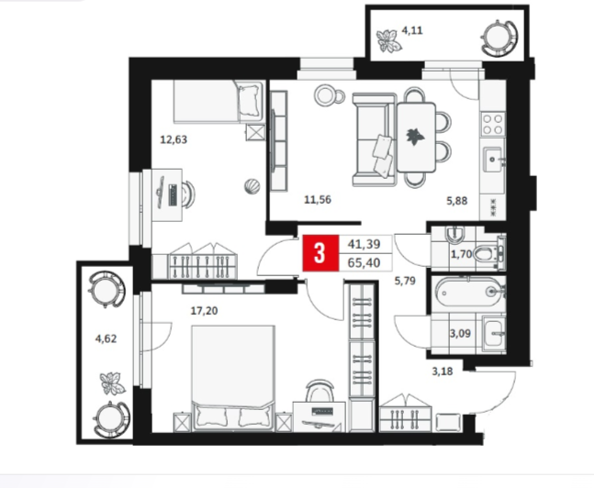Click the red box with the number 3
pyautogui.click(x=320, y=253)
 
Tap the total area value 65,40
pyautogui.click(x=364, y=262)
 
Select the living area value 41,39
pyautogui.click(x=364, y=244)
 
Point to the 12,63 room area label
pyautogui.click(x=174, y=139)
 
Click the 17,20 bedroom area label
pyautogui.click(x=204, y=311)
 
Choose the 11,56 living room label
pyautogui.click(x=318, y=199)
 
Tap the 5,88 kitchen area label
pyautogui.click(x=457, y=201)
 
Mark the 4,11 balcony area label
pyautogui.click(x=412, y=30)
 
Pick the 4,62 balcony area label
pyautogui.click(x=106, y=338)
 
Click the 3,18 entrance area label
pyautogui.click(x=443, y=371)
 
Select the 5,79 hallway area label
pyautogui.click(x=405, y=281)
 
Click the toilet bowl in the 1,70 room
pyautogui.click(x=488, y=253)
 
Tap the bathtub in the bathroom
pyautogui.click(x=470, y=292)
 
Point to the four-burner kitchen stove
pyautogui.click(x=492, y=124)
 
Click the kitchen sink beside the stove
pyautogui.click(x=493, y=160)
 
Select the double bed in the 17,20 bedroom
pyautogui.click(x=232, y=377)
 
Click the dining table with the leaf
pyautogui.click(x=416, y=138)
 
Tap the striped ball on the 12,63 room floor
pyautogui.click(x=252, y=186)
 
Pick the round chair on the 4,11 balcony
pyautogui.click(x=499, y=38)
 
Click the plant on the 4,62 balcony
pyautogui.click(x=112, y=383)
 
